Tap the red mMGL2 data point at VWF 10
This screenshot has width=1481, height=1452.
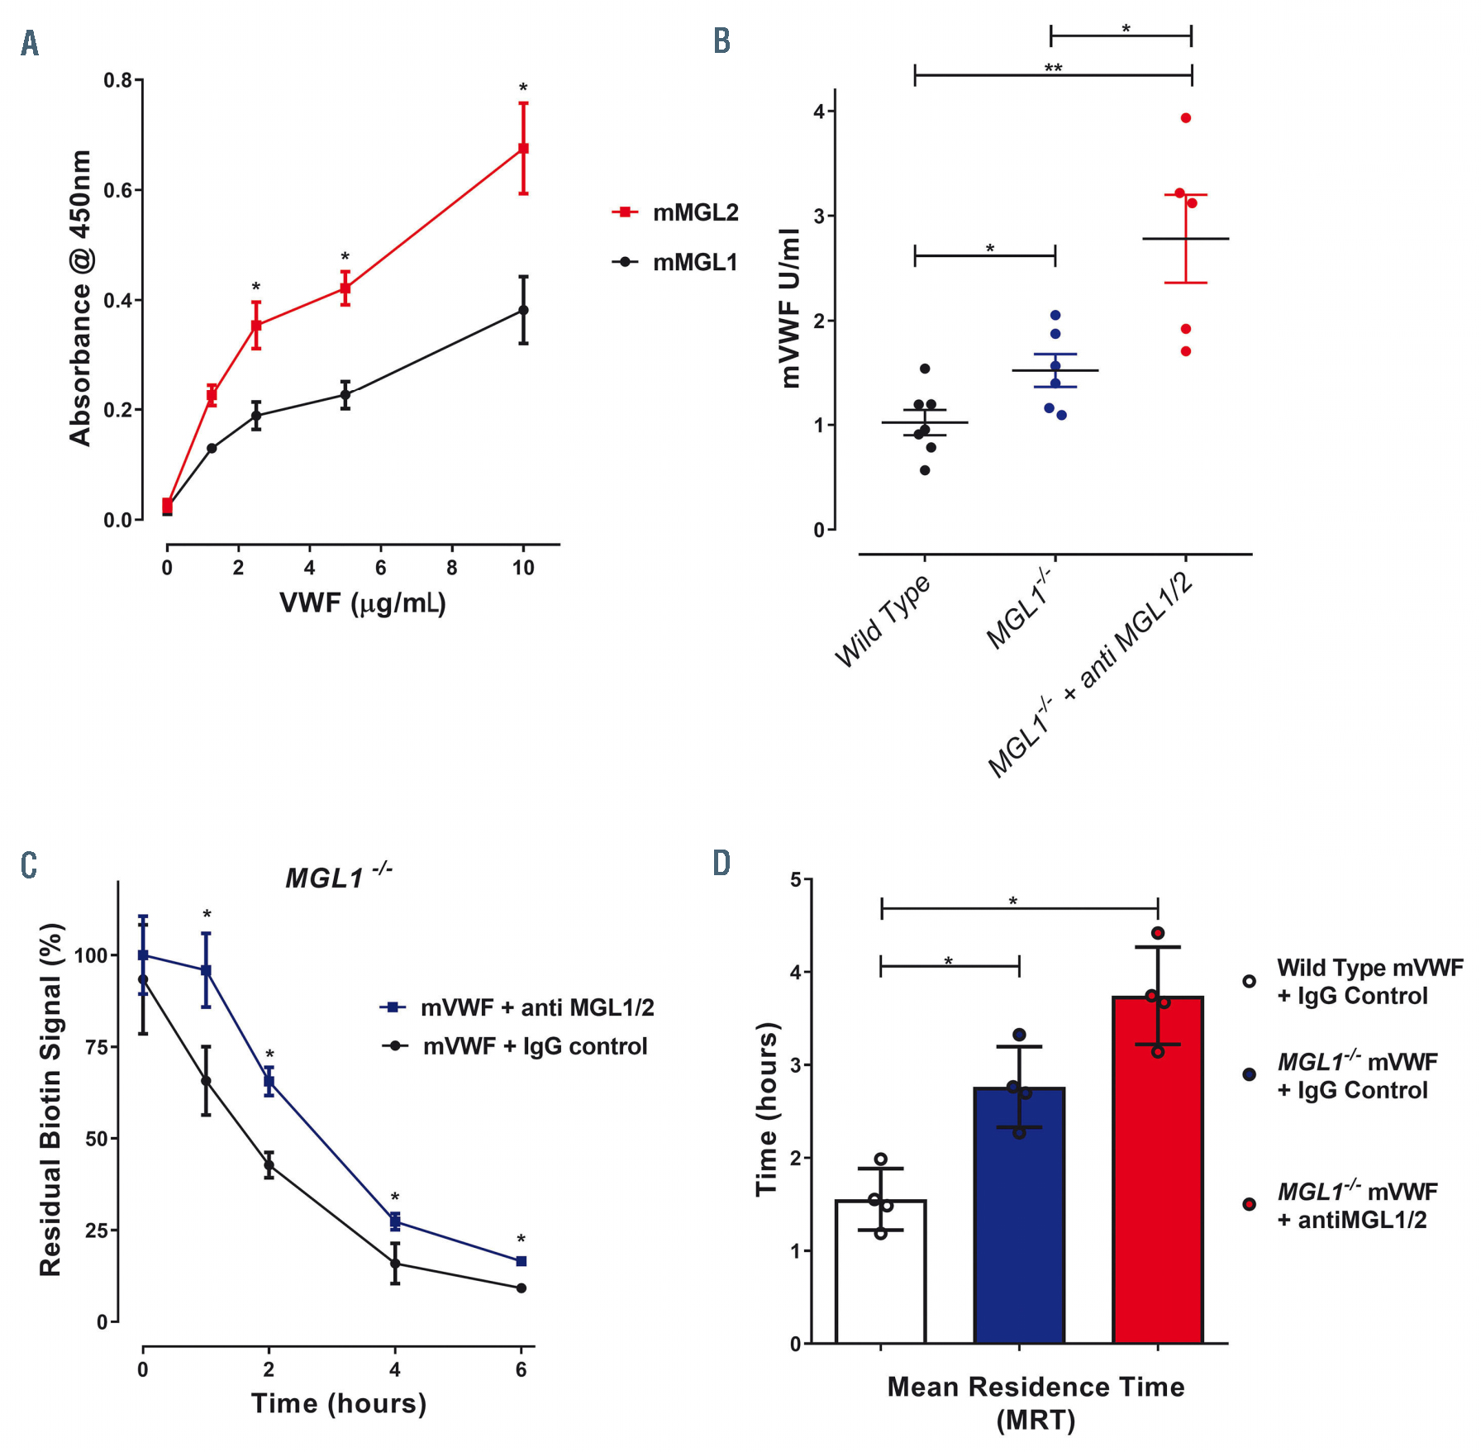tap(523, 149)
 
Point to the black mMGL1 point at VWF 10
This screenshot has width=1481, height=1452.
tap(523, 310)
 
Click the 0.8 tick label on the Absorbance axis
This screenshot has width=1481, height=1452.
tap(117, 80)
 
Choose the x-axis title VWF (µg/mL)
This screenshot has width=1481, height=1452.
tap(362, 603)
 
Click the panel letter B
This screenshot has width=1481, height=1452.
tap(721, 41)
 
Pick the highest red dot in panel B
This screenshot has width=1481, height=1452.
tap(1185, 118)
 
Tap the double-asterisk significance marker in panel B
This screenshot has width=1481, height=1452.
tap(1053, 69)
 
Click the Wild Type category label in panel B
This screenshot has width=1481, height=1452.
tap(883, 621)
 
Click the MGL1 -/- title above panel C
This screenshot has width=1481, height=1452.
tap(338, 877)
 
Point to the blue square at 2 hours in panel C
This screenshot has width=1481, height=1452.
tap(269, 1081)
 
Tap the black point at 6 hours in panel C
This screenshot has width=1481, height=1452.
tap(521, 1288)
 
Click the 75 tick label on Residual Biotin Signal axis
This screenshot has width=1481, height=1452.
tap(96, 1047)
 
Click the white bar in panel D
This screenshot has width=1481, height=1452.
tap(880, 1272)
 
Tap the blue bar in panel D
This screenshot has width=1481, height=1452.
tap(1019, 1216)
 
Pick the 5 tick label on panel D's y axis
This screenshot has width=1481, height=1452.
tap(796, 880)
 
